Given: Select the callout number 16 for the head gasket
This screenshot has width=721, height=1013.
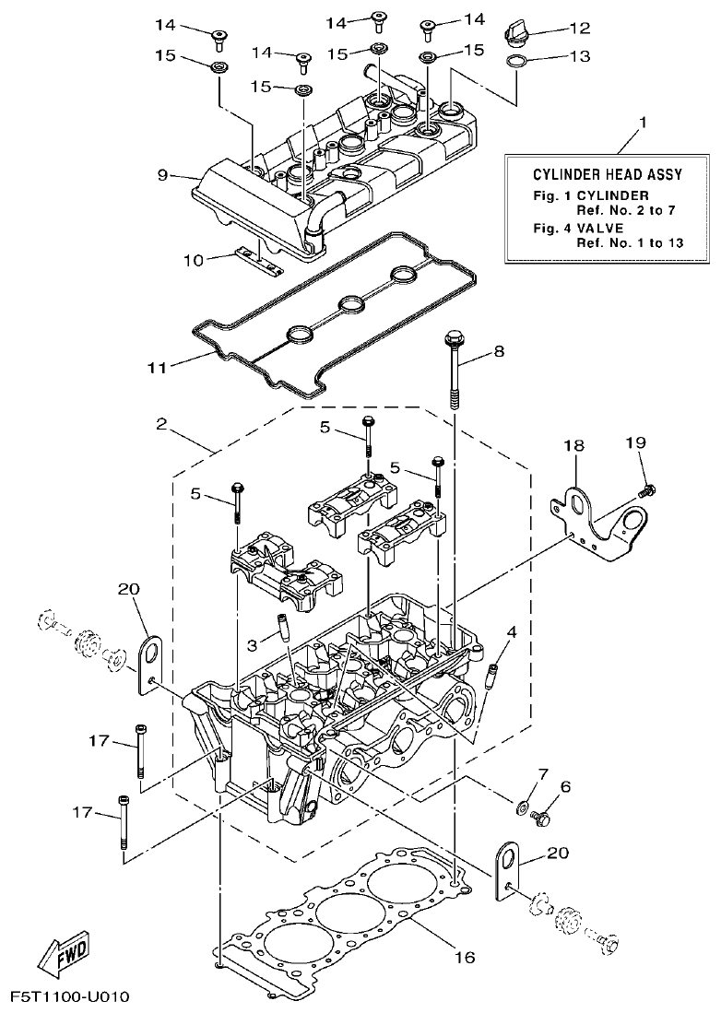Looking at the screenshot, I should point(465,958).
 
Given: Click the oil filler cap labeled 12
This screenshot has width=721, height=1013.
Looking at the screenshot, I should point(514,35).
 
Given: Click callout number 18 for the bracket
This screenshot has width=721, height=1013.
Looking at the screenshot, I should point(573,445).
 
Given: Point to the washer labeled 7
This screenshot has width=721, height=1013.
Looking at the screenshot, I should point(521,809).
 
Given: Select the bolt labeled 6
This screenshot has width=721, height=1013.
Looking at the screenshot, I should point(543,817).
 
